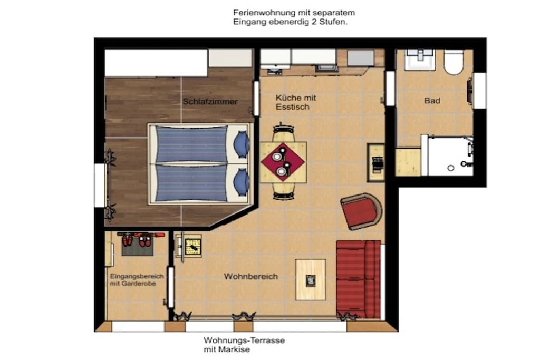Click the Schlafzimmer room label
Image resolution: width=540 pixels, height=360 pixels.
pos(210,102)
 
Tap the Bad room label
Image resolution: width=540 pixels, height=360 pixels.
pos(432,101)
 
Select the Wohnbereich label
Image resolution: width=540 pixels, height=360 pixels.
pos(250,276)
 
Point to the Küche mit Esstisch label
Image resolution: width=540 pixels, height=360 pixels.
pos(295,102)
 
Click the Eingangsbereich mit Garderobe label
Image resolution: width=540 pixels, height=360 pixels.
pos(137,280)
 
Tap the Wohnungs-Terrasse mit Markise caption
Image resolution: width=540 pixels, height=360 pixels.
pos(244,345)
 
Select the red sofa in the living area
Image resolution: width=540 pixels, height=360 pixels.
pos(358,279)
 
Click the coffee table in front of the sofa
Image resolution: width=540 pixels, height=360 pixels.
pos(311,279)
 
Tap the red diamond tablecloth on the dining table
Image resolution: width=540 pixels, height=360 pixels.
pos(283,162)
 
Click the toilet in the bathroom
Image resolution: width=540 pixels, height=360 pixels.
pos(454,62)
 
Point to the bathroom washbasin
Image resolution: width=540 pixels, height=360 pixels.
pos(420,60)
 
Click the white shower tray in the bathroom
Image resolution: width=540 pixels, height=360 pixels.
pos(450,156)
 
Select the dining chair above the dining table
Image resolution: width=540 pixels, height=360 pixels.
pos(283,132)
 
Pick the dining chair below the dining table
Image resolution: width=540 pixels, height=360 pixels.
pos(283,191)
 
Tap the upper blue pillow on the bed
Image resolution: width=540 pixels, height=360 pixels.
pos(241,144)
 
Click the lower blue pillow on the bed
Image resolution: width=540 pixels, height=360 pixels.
pos(241,182)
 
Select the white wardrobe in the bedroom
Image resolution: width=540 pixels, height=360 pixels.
pos(156,63)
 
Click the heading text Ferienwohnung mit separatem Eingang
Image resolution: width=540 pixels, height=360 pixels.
pos(294,17)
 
